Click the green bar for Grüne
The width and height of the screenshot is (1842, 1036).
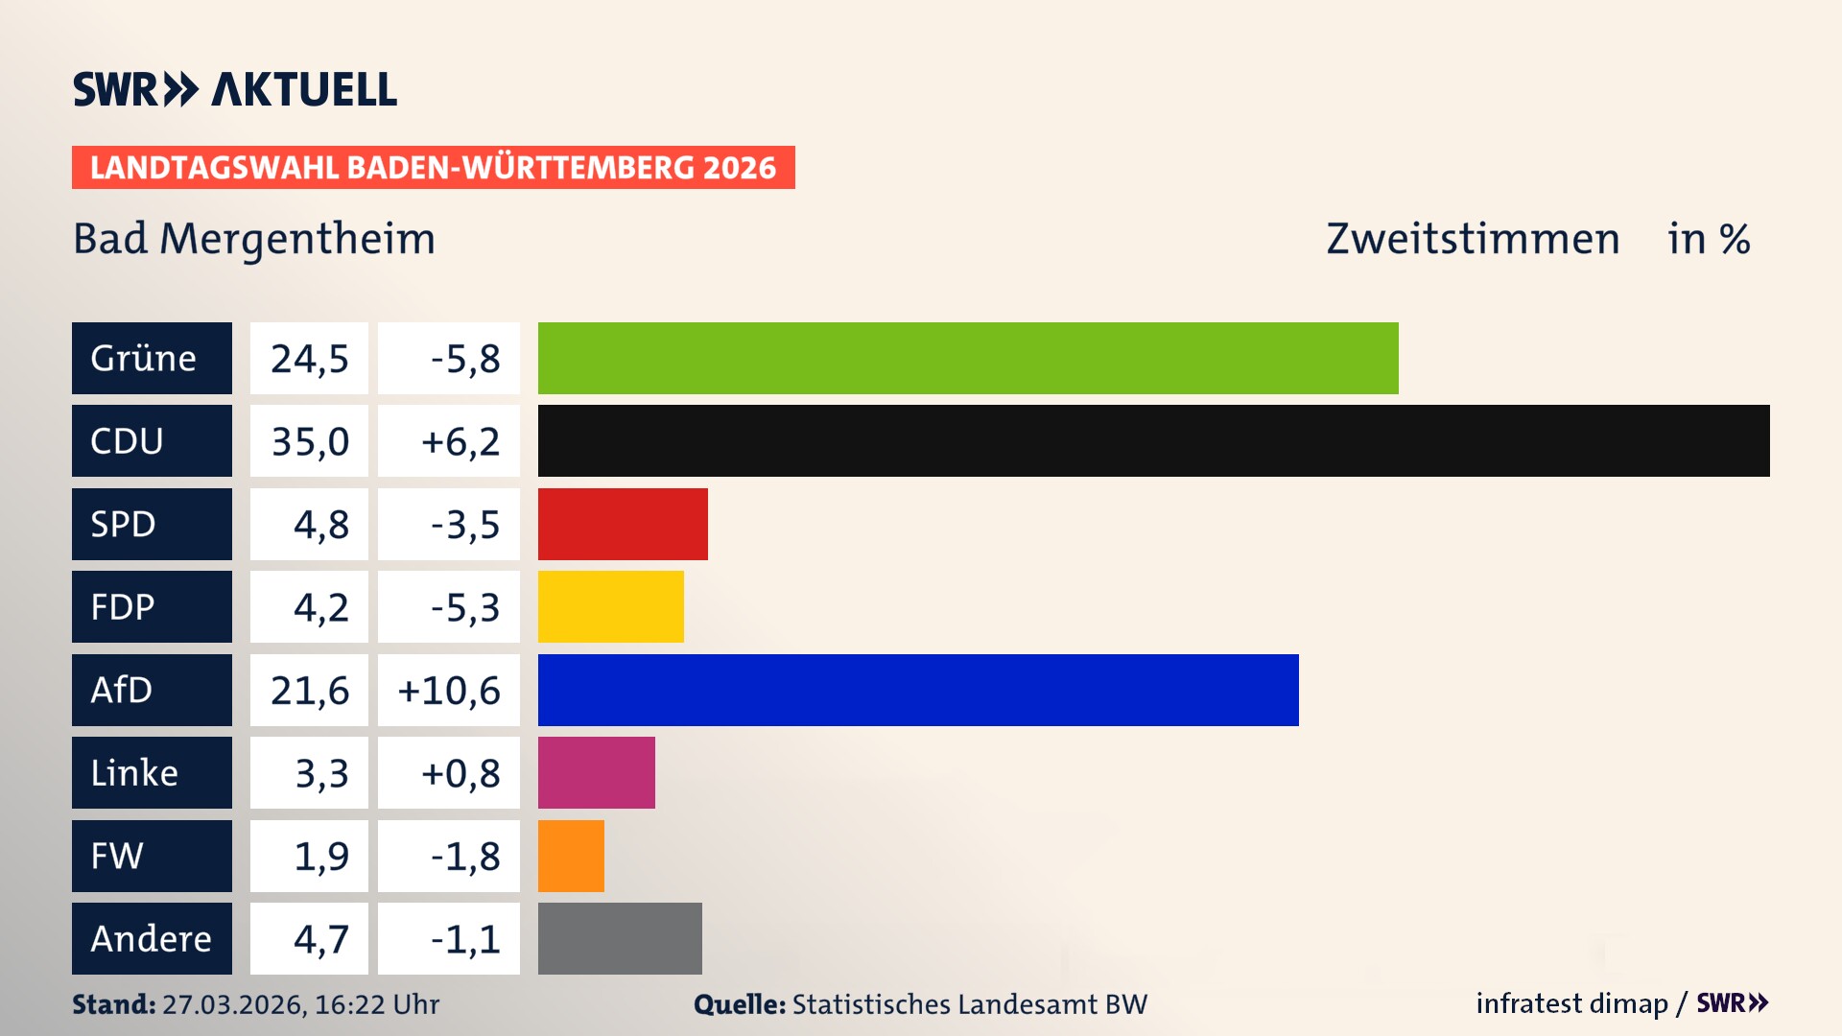pyautogui.click(x=967, y=358)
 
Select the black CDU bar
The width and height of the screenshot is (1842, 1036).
pyautogui.click(x=1153, y=440)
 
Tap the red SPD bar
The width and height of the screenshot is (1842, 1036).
pyautogui.click(x=623, y=524)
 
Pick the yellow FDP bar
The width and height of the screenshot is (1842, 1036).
pyautogui.click(x=610, y=606)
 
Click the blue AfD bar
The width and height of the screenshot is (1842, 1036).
pyautogui.click(x=917, y=690)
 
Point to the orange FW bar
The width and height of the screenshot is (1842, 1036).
pyautogui.click(x=571, y=856)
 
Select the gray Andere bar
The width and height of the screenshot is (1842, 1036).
pyautogui.click(x=620, y=938)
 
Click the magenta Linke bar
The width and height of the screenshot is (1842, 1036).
pyautogui.click(x=596, y=772)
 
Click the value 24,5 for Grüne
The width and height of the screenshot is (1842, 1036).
pyautogui.click(x=309, y=358)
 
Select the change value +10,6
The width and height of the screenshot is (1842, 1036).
pyautogui.click(x=448, y=690)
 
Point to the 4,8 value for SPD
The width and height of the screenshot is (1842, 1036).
pyautogui.click(x=320, y=524)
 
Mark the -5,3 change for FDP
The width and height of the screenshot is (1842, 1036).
pyautogui.click(x=464, y=606)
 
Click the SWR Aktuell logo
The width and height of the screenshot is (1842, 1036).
pyautogui.click(x=235, y=89)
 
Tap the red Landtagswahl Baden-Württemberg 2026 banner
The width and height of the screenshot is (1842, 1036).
pyautogui.click(x=433, y=167)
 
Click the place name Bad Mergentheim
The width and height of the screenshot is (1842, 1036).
pyautogui.click(x=254, y=239)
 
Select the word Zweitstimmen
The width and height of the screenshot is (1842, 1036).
pyautogui.click(x=1473, y=239)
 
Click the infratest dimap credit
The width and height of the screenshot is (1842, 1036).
pyautogui.click(x=1571, y=1003)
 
